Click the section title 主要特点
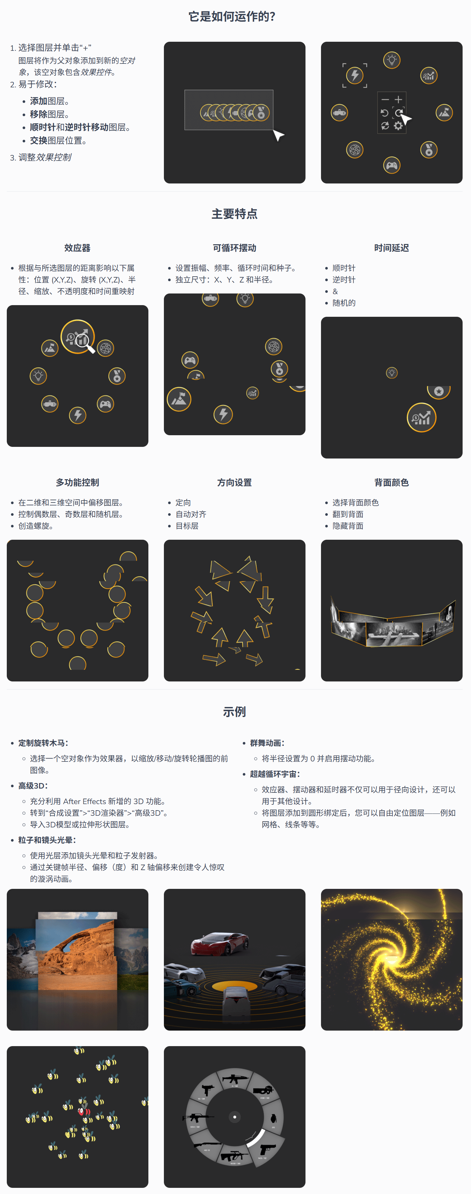pyautogui.click(x=234, y=214)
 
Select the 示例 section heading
pyautogui.click(x=234, y=712)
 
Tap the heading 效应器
pyautogui.click(x=77, y=248)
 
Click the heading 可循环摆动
pyautogui.click(x=234, y=248)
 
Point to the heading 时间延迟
pyautogui.click(x=391, y=248)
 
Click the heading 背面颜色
pyautogui.click(x=391, y=482)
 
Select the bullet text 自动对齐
pyautogui.click(x=191, y=514)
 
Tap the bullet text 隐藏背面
pyautogui.click(x=348, y=525)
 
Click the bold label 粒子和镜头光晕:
pyautogui.click(x=47, y=840)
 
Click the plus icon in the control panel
pyautogui.click(x=398, y=100)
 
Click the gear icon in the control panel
pyautogui.click(x=398, y=126)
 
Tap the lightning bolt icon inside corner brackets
pyautogui.click(x=355, y=75)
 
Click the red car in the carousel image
pyautogui.click(x=219, y=943)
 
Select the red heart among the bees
pyautogui.click(x=84, y=1111)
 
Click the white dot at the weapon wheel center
pyautogui.click(x=234, y=1117)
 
